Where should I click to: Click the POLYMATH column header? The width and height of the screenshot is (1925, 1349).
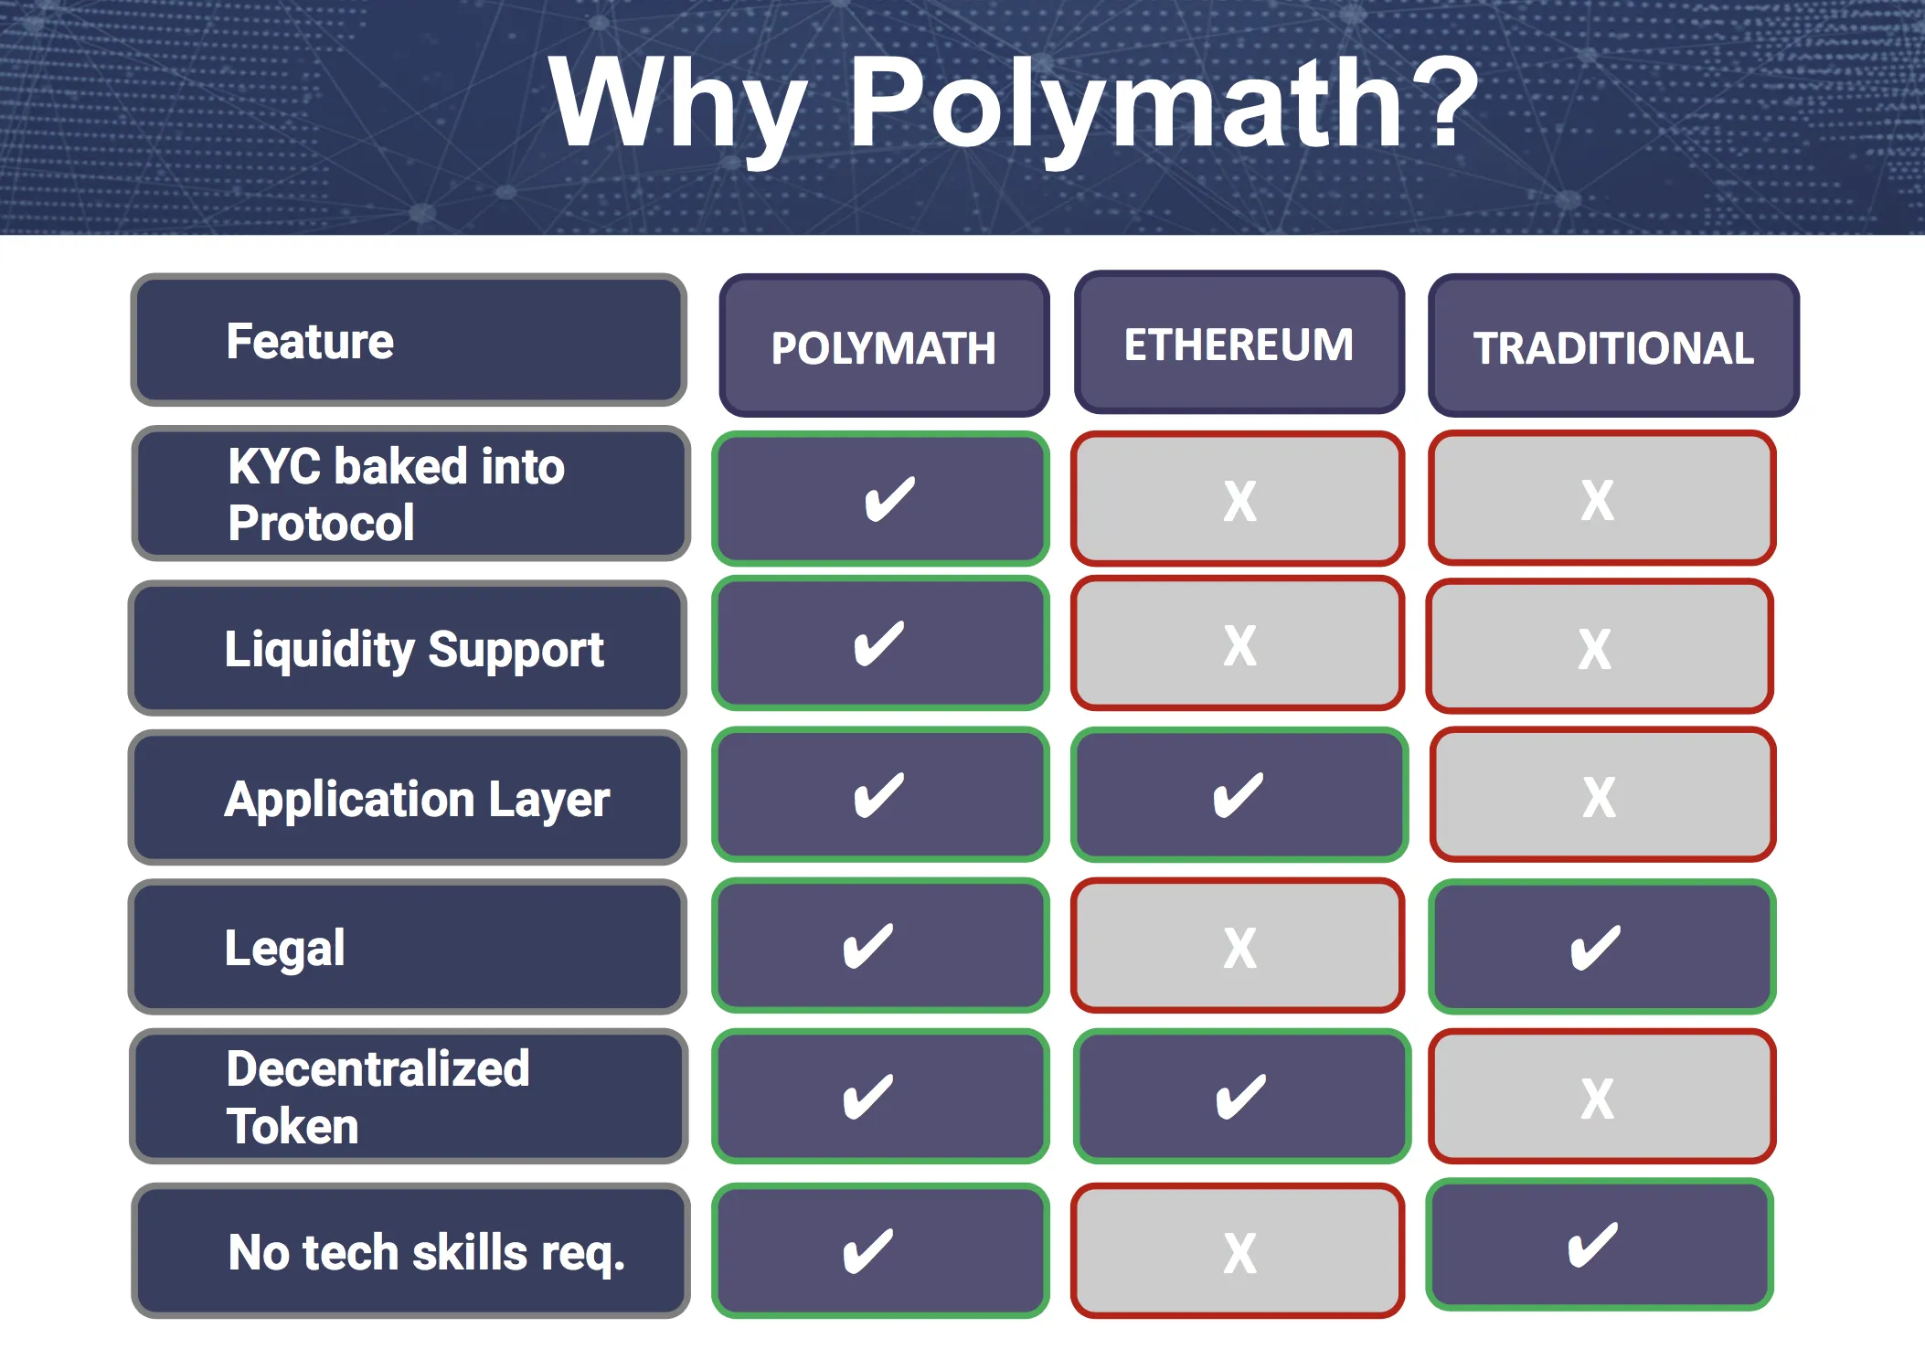[x=883, y=346]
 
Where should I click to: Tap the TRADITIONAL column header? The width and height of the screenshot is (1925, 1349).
[x=1613, y=346]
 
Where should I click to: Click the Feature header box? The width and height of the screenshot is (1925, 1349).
[x=409, y=340]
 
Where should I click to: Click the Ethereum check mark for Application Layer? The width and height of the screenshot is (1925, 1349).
[x=1239, y=795]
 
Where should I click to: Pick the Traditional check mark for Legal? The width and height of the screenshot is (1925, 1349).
[x=1596, y=947]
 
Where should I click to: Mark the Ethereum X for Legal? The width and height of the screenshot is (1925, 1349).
[x=1239, y=947]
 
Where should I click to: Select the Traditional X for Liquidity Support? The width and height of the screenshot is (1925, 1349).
[x=1595, y=648]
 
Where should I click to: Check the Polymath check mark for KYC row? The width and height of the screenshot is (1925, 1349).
[x=888, y=498]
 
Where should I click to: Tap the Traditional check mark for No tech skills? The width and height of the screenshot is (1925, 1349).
[x=1593, y=1245]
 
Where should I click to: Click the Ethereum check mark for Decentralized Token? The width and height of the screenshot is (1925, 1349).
[x=1241, y=1097]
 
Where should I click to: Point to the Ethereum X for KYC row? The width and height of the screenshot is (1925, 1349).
[x=1239, y=500]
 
